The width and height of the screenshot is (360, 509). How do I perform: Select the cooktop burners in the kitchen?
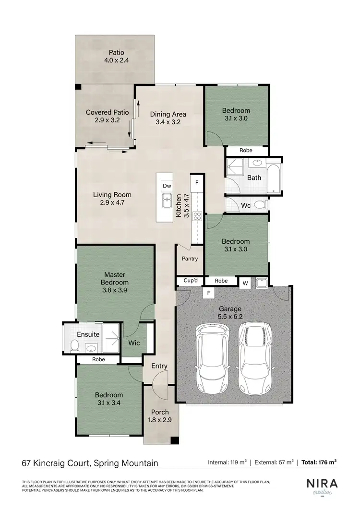click(x=196, y=216)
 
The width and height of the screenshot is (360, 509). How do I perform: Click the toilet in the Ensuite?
click(x=74, y=345)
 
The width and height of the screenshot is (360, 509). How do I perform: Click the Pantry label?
click(x=190, y=259)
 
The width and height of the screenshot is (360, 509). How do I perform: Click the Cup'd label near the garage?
click(x=185, y=281)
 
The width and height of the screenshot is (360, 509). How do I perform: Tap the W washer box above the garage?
click(x=245, y=284)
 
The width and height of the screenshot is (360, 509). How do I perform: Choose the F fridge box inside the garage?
click(x=208, y=292)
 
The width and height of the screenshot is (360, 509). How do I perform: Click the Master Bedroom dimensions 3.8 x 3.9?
click(x=114, y=290)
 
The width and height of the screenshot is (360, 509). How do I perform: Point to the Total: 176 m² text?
click(x=319, y=462)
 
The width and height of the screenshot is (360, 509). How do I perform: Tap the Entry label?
click(x=159, y=366)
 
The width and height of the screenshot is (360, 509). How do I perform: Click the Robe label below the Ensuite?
click(x=98, y=359)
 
